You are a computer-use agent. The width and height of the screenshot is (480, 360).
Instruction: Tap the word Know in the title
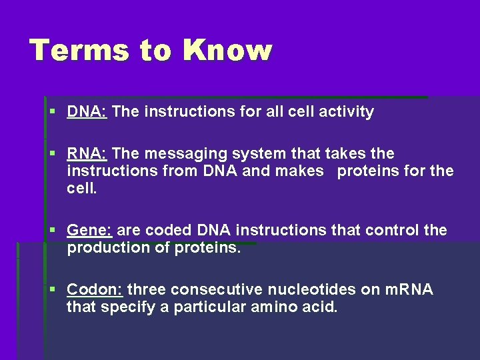coord(228,50)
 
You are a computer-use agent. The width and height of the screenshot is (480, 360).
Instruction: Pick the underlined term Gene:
coord(90,231)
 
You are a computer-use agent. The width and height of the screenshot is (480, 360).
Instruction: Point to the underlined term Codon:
coord(95,290)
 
